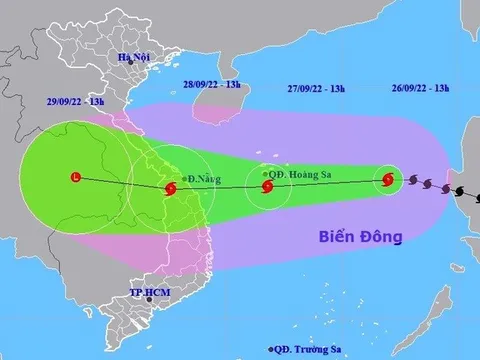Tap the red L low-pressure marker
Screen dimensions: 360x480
[76, 178]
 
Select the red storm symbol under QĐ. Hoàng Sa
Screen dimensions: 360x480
[267, 184]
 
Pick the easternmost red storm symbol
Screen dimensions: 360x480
[389, 180]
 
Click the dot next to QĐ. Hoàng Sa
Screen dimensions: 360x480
[264, 172]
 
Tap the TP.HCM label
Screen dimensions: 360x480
[149, 292]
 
